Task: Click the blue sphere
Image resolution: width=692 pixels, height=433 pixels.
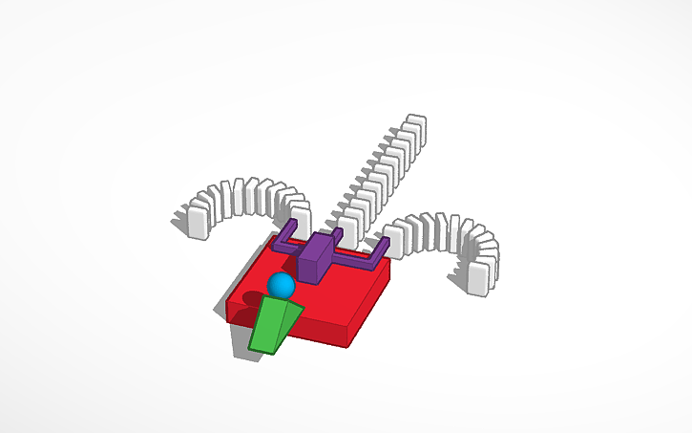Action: point(281,285)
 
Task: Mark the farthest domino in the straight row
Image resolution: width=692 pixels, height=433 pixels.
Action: point(414,130)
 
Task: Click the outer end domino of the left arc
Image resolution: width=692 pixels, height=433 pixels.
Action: point(198,219)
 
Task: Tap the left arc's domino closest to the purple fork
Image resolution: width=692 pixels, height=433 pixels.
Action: point(301,217)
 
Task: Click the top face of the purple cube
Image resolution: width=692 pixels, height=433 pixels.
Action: point(316,245)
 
